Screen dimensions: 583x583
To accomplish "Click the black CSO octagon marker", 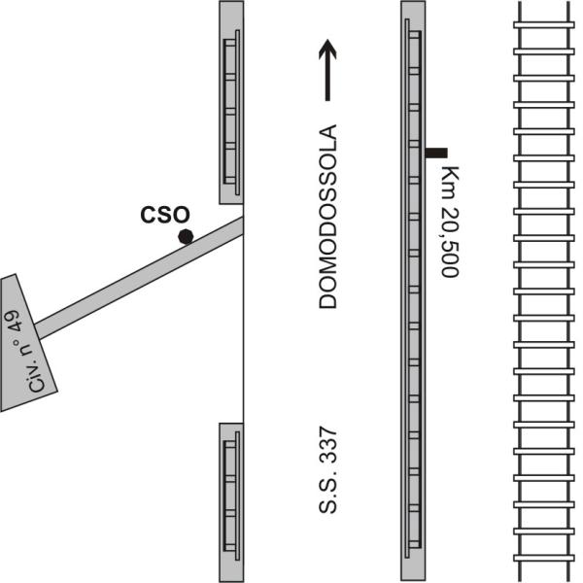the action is coord(186,236).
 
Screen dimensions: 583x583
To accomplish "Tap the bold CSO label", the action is coord(165,215).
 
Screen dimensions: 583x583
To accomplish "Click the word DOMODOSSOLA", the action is coord(328,217).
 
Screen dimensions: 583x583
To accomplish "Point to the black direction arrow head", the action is coord(327,49).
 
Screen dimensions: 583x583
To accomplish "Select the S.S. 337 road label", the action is coord(328,470).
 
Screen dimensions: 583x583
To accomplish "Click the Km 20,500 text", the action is coord(450,222).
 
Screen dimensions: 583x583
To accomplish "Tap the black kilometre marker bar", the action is coord(436,153).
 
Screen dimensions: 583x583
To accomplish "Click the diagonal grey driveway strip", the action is coord(139,278).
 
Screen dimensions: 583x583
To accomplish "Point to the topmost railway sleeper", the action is coord(544,25).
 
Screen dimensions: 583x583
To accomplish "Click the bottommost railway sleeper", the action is coord(544,558).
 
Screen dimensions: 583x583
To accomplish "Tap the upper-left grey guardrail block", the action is coord(231,102).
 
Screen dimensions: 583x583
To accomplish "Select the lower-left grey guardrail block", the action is coord(231,502).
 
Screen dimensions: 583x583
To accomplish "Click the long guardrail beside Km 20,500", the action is coord(413,291).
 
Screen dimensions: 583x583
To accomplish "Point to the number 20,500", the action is coord(450,242).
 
